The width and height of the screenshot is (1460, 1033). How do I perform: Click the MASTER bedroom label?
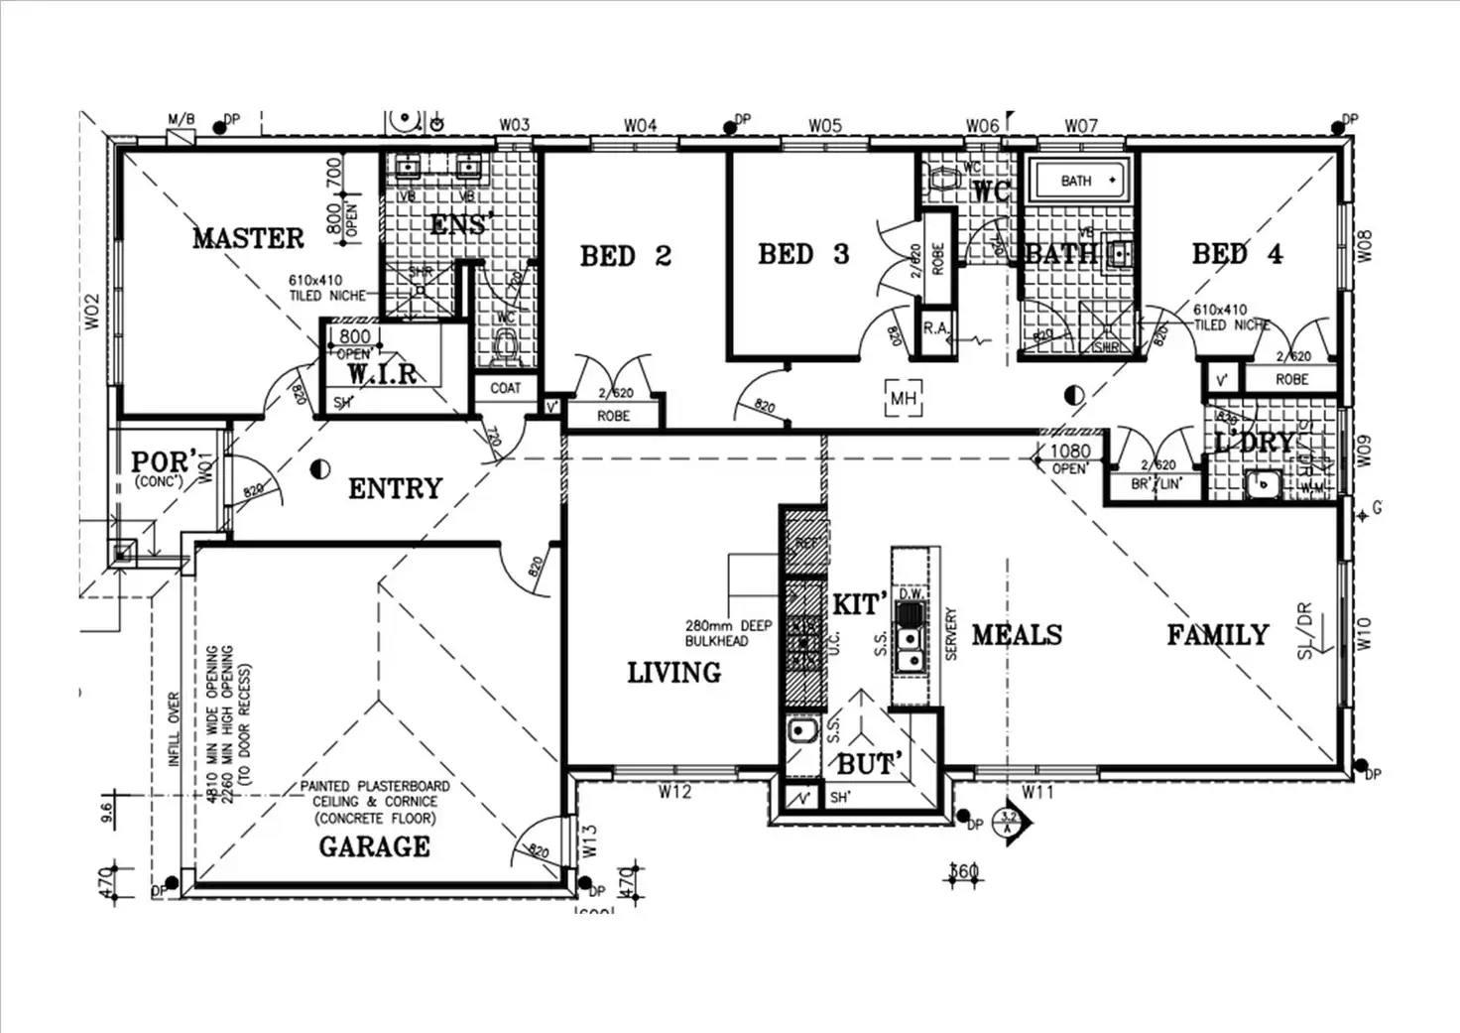coord(248,238)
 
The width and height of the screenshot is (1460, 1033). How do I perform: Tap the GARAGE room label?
coord(374,846)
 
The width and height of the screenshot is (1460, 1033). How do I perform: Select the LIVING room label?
coord(673,673)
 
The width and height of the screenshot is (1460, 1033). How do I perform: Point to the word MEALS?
coord(1017,635)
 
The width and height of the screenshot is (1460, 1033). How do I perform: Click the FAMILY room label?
coord(1217,635)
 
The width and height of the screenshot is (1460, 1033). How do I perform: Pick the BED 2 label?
coord(626,256)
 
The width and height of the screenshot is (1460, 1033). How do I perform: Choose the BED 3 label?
coord(803,255)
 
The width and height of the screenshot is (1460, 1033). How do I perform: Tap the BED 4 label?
coord(1237,255)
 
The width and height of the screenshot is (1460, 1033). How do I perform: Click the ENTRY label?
coord(395,488)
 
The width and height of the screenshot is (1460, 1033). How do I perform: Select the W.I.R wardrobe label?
coord(382,374)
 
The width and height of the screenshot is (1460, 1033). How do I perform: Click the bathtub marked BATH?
coord(1077,181)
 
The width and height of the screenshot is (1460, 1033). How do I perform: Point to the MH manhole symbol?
coord(903,399)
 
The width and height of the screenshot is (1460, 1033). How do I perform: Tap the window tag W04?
coord(640,126)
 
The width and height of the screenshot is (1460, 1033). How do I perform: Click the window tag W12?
coord(674,792)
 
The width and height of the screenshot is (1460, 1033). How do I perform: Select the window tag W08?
coord(1365,246)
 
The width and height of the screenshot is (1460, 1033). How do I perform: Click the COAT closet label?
coord(505,388)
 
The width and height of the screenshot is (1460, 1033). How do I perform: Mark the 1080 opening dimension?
coord(1070,452)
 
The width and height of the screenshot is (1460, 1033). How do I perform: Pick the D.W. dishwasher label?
coord(910,593)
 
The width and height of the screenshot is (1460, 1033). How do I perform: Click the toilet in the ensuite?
coord(506,346)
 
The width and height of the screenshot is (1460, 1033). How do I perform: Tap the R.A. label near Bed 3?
coord(935,328)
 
